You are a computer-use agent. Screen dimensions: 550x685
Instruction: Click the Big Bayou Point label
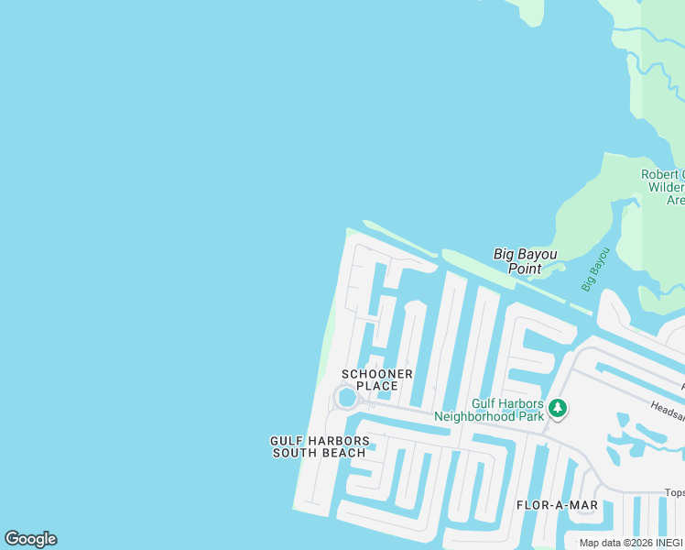[x=525, y=261]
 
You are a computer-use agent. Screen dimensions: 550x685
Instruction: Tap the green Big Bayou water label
[x=595, y=269]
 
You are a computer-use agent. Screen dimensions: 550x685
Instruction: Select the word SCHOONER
[x=377, y=374]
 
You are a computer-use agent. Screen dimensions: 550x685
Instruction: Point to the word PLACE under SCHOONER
[x=377, y=387]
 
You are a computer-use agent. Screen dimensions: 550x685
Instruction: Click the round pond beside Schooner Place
[x=346, y=398]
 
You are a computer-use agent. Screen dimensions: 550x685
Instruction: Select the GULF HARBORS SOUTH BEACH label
[x=320, y=447]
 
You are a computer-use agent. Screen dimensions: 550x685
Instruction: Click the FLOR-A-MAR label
[x=557, y=505]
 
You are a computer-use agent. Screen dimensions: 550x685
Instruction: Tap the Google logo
[x=30, y=539]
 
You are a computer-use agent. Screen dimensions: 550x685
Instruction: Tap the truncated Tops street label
[x=673, y=492]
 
